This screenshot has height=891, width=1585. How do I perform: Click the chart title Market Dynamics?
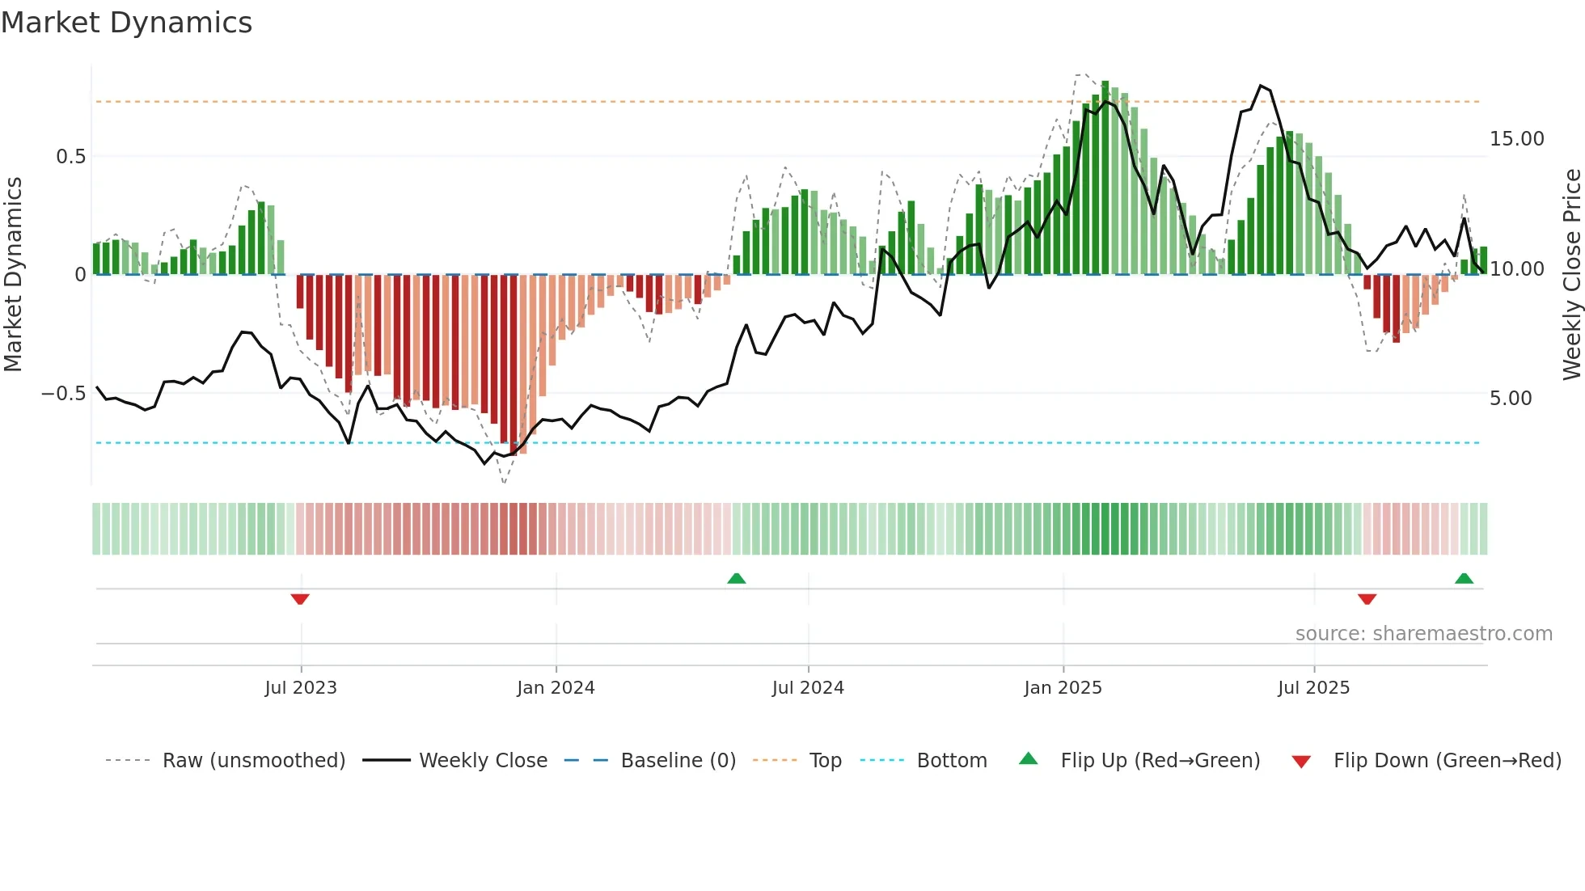(126, 23)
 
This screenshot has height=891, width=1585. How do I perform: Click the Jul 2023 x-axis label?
(300, 688)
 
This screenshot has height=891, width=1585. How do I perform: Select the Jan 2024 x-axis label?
(556, 688)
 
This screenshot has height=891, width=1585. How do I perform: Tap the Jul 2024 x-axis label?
(808, 688)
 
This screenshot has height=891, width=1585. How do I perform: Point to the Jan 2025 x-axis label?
(1063, 688)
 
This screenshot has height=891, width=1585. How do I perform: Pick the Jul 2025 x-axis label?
(1313, 688)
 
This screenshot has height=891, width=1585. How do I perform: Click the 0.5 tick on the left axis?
(70, 157)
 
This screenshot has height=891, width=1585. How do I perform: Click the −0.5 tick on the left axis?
(63, 394)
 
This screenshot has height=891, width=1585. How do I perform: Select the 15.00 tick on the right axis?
(1516, 139)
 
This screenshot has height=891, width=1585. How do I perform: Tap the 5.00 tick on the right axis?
(1510, 399)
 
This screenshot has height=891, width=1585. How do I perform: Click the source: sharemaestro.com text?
(1423, 634)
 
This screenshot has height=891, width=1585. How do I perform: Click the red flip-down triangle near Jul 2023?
(300, 599)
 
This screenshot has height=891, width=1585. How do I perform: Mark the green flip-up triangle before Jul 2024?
(736, 578)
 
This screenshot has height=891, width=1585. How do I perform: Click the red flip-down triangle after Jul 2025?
(1367, 599)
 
